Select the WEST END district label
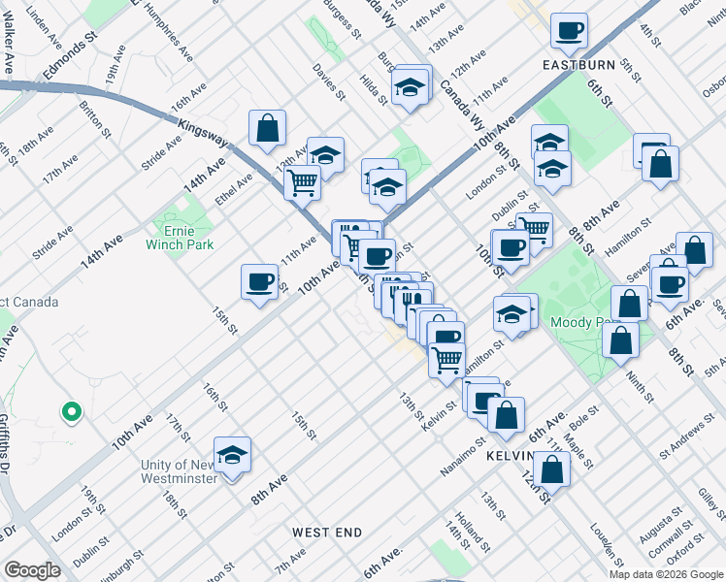(x=328, y=533)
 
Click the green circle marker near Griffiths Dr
(x=70, y=413)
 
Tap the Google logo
(x=32, y=570)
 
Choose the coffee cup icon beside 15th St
(x=259, y=282)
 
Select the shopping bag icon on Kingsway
(x=267, y=127)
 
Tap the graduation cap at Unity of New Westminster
(x=233, y=455)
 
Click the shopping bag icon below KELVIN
(x=551, y=469)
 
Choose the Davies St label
(x=329, y=82)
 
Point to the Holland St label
(x=469, y=532)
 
